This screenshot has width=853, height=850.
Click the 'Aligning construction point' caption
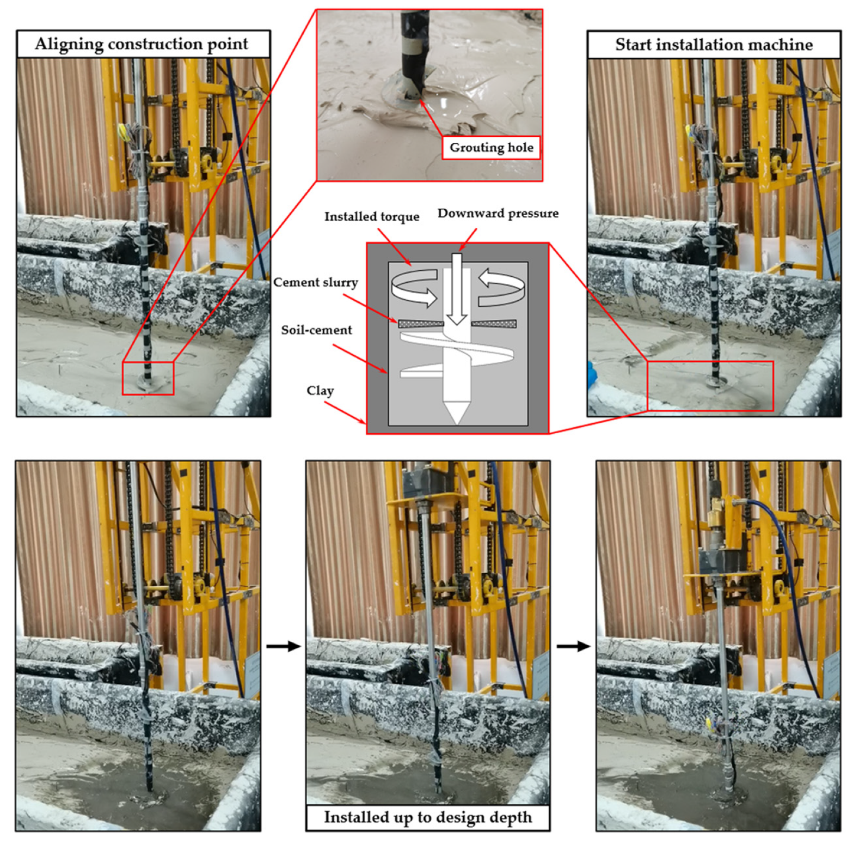142,44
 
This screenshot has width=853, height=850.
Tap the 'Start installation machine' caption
714,45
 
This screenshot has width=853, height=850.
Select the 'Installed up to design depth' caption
428,817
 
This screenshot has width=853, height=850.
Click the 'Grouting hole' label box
491,148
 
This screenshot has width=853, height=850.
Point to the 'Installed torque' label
372,217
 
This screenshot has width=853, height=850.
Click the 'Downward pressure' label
498,213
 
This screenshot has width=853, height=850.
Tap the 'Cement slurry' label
316,282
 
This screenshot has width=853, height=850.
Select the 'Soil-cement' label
316,330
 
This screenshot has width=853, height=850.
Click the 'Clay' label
320,391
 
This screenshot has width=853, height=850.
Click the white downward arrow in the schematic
456,289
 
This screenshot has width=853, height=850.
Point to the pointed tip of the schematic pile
457,422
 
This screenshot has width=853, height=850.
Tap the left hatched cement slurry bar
421,324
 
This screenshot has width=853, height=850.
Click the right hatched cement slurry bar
494,324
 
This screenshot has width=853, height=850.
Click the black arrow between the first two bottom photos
284,646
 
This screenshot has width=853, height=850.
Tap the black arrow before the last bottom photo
574,646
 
